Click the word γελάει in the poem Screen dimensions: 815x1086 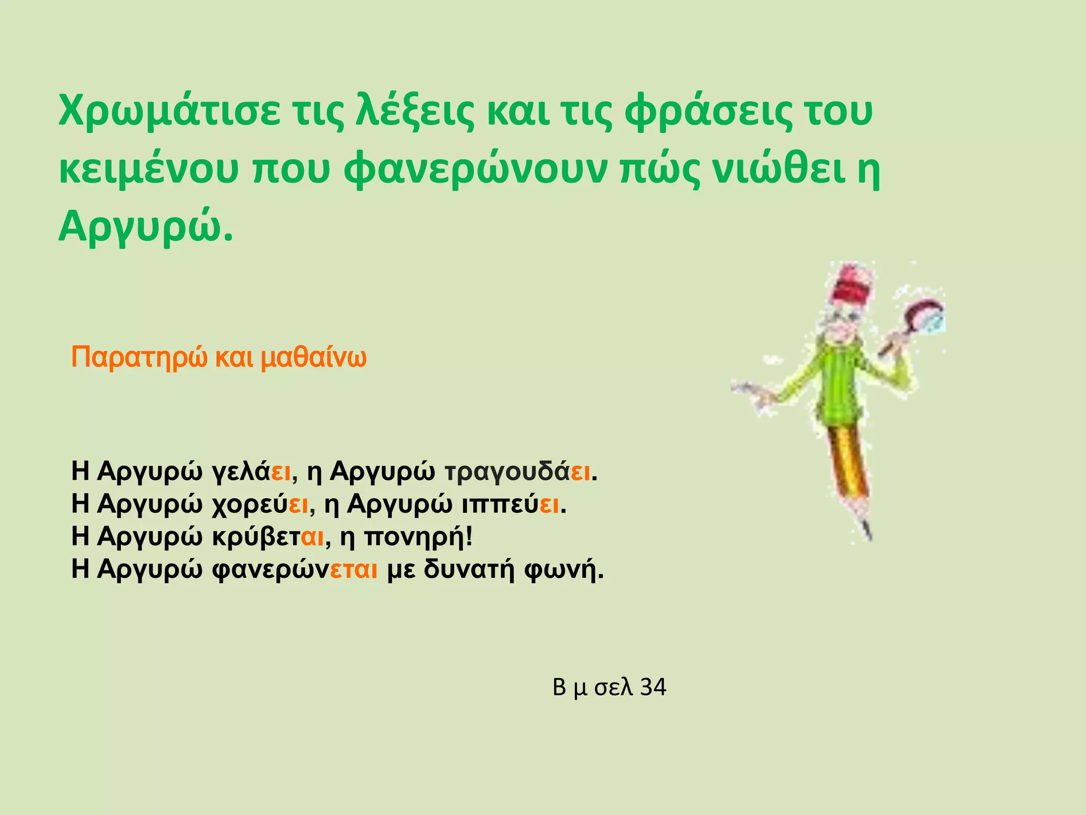[252, 472]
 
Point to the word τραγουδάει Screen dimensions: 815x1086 [518, 472]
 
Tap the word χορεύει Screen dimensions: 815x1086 [260, 504]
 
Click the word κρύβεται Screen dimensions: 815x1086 [268, 537]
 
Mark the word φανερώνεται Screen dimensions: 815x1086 [295, 570]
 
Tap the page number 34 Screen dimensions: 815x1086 [653, 687]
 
